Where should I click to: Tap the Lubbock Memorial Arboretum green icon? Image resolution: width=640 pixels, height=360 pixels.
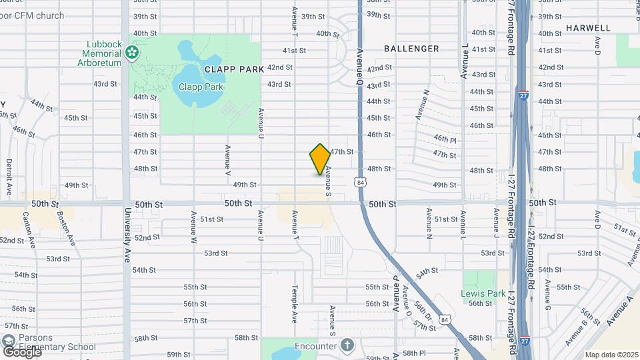[x=132, y=52]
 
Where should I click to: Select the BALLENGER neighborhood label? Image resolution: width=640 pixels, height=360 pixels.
[x=411, y=49]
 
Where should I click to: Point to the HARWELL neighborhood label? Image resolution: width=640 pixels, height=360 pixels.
[x=588, y=28]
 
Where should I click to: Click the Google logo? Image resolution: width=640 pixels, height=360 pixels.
[x=21, y=351]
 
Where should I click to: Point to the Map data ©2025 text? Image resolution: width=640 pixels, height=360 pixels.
[x=610, y=355]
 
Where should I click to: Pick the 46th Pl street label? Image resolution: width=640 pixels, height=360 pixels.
[x=444, y=139]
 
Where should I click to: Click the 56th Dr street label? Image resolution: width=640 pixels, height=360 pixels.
[x=422, y=309]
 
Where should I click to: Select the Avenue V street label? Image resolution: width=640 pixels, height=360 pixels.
[x=228, y=161]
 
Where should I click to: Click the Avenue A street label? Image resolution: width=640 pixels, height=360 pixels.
[x=619, y=311]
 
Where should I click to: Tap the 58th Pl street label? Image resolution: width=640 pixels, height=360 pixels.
[x=413, y=353]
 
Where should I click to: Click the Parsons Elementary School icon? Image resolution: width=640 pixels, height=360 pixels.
[x=9, y=342]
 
